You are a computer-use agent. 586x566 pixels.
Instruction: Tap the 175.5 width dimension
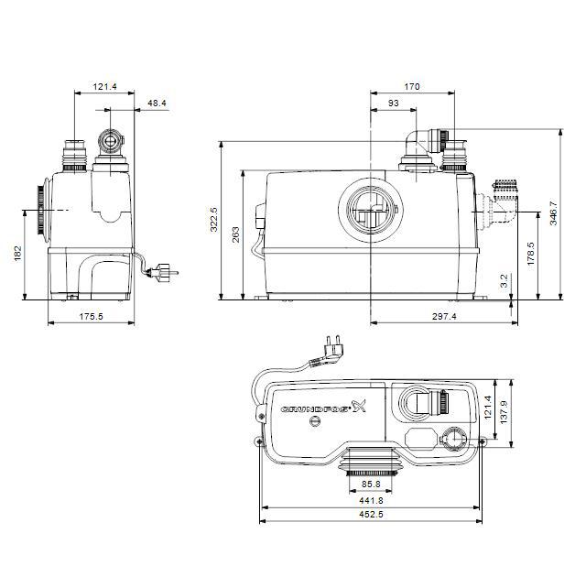tap(92, 317)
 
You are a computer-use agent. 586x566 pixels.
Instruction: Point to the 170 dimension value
tap(411, 87)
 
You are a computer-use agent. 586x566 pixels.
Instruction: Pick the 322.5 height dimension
tap(214, 220)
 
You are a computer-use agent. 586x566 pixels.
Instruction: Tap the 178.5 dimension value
tap(531, 254)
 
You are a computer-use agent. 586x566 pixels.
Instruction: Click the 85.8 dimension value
tap(370, 484)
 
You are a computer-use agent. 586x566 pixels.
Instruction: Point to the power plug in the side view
tap(165, 272)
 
